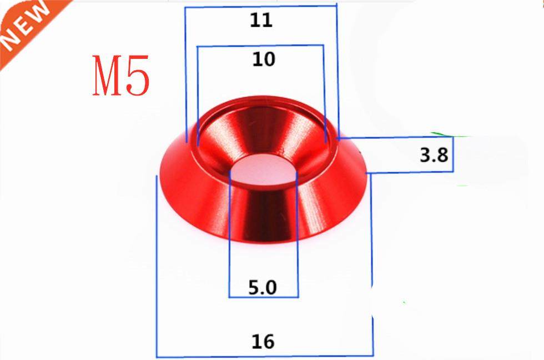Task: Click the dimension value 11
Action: point(261,21)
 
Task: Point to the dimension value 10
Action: point(263,59)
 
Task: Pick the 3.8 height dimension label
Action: point(434,155)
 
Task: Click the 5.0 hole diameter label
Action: point(263,288)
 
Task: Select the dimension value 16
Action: point(263,341)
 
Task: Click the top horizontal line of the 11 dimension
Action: point(261,7)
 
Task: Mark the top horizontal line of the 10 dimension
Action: point(261,46)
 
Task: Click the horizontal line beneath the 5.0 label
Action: point(264,297)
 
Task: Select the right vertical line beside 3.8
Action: point(454,154)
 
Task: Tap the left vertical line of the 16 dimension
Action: point(157,267)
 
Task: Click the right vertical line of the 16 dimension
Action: point(372,267)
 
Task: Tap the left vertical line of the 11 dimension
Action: point(185,67)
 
